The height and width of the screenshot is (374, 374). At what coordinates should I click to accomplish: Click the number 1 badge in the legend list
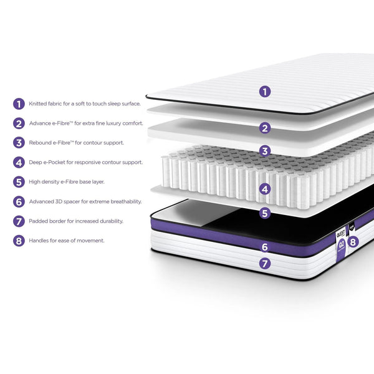[19, 104]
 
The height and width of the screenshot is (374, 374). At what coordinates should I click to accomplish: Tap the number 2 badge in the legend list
[19, 123]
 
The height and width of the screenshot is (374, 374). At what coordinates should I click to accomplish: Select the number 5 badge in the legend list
[19, 182]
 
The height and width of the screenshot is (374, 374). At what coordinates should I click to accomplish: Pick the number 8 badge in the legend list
[19, 240]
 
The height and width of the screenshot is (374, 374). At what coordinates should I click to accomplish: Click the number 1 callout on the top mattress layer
[265, 92]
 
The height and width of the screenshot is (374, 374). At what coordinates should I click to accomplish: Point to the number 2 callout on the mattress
[265, 128]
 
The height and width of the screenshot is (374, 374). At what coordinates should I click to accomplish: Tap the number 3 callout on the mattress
[265, 151]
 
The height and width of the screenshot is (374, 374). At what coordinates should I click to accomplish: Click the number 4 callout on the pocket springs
[265, 188]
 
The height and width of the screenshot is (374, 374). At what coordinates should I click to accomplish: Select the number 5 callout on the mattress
[265, 213]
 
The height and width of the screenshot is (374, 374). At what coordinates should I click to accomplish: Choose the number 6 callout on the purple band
[265, 247]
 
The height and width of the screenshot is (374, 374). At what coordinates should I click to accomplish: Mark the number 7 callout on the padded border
[265, 264]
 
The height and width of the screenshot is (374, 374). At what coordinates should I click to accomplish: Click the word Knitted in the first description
[38, 104]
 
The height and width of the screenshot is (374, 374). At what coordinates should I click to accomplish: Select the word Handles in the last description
[39, 240]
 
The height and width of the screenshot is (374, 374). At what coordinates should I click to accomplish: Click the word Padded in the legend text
[39, 221]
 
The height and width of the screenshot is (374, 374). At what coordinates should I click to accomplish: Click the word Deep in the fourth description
[36, 162]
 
